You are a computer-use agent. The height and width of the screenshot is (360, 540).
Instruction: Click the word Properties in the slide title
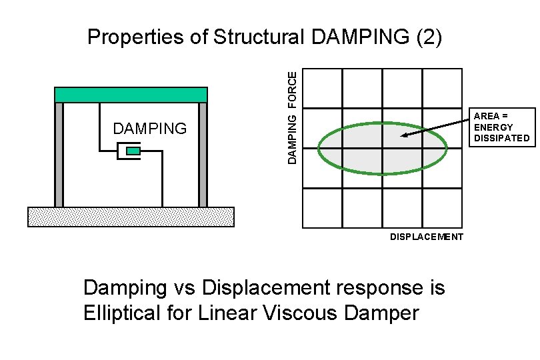(136, 37)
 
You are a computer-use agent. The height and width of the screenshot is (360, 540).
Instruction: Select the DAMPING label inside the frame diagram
(150, 129)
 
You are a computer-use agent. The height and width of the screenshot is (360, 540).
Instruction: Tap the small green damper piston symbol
(133, 151)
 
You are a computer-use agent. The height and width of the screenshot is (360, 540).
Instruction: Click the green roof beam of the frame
(131, 95)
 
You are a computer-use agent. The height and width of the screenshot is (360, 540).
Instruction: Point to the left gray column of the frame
(59, 155)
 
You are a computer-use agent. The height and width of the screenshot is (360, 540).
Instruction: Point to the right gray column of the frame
(203, 155)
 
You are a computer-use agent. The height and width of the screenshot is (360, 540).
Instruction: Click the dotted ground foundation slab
(131, 217)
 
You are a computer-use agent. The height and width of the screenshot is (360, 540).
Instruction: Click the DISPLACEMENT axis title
(426, 237)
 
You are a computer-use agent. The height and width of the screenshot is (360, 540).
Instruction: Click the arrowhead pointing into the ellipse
(405, 136)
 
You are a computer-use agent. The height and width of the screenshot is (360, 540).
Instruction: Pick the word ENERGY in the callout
(493, 127)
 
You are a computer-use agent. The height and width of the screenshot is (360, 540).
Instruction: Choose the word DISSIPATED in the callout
(501, 139)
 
